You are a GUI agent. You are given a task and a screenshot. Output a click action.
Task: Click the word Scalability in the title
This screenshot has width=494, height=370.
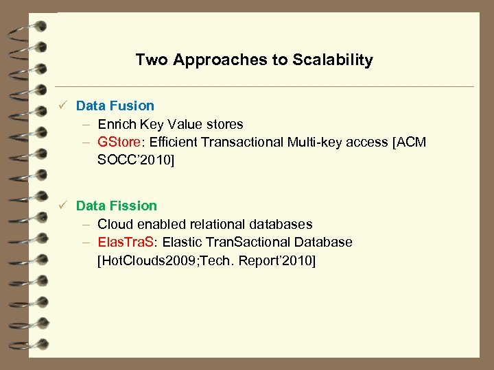[x=333, y=60]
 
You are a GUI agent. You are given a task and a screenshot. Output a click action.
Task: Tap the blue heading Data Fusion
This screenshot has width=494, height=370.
[x=115, y=106]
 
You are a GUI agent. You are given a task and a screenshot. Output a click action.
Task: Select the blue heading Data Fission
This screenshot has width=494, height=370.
[x=116, y=206]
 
